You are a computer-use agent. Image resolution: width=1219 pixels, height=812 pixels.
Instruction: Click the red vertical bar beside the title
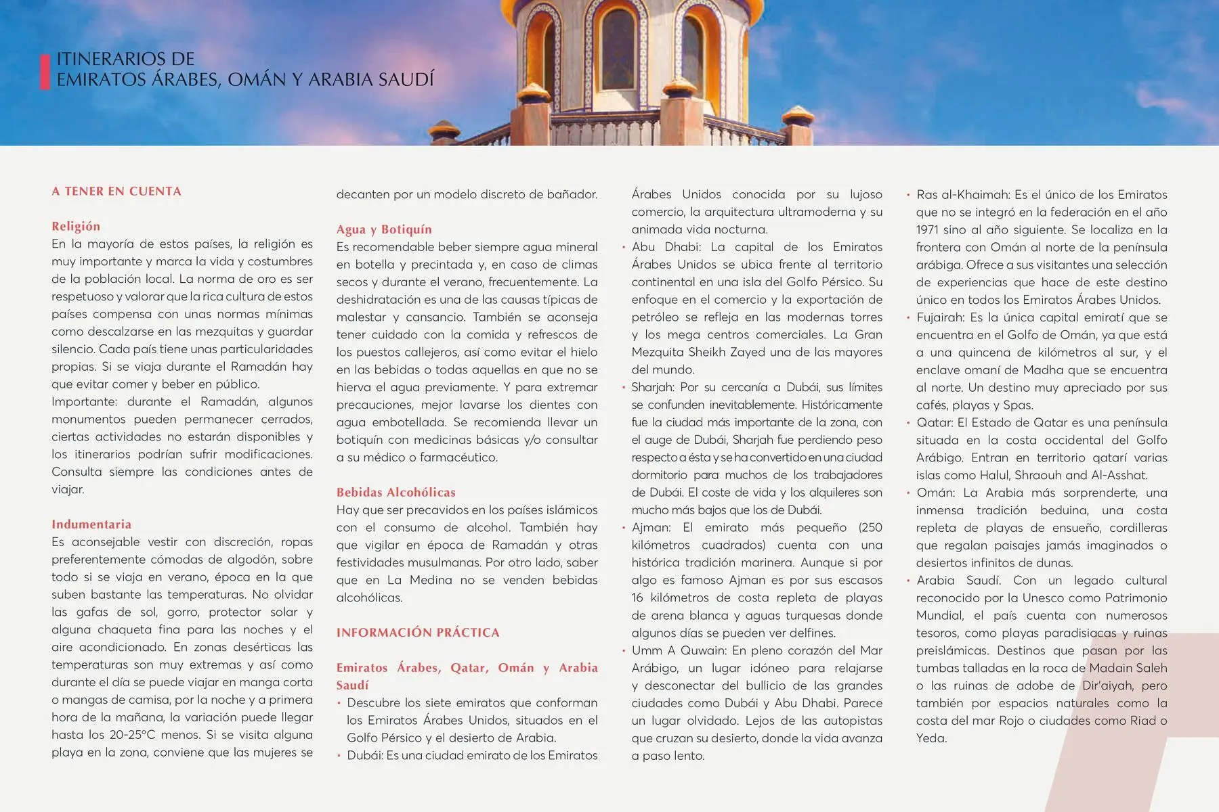(45, 72)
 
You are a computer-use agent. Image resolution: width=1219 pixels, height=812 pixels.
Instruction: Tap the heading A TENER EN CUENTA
(116, 191)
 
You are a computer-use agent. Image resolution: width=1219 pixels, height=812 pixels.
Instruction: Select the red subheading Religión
(76, 227)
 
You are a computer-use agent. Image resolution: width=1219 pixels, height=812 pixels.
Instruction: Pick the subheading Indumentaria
(91, 524)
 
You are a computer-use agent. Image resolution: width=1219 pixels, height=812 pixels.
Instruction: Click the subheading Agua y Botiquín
(384, 230)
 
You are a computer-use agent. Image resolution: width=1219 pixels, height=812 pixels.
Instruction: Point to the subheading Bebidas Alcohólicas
(396, 493)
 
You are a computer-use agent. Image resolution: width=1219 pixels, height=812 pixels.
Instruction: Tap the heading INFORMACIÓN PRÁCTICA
(418, 633)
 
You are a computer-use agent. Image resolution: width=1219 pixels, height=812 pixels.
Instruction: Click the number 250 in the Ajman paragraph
(871, 528)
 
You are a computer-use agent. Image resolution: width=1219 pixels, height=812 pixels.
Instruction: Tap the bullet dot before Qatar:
(908, 424)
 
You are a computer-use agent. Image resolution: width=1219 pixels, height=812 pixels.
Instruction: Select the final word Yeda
(931, 738)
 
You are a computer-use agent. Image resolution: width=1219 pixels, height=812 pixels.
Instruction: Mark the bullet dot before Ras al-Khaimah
(908, 196)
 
